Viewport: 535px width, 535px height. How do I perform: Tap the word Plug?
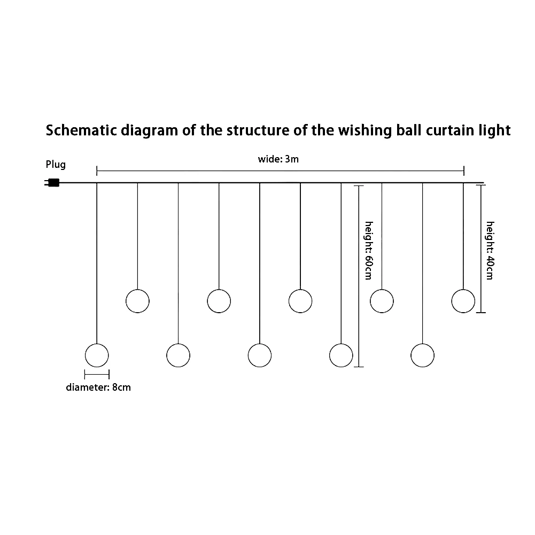56,165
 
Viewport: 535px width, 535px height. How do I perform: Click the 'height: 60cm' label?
368,250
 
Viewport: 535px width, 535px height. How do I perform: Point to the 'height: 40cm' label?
490,250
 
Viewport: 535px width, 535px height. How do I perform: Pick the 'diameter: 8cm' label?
98,387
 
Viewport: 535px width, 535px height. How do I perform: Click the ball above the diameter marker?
97,355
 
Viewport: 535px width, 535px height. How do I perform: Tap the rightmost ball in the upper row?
463,300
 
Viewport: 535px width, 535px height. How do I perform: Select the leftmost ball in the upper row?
137,300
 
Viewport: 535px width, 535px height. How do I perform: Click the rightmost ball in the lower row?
423,355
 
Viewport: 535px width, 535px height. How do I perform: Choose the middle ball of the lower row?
260,355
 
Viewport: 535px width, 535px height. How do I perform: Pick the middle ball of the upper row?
300,300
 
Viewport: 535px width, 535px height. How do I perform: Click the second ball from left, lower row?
178,355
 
